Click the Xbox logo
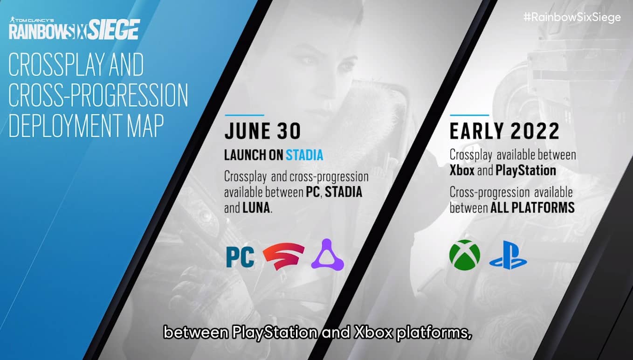tap(465, 255)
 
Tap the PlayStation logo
tap(508, 255)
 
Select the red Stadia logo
tap(283, 256)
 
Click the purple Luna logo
tap(328, 255)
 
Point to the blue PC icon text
tap(240, 257)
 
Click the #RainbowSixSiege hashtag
tap(572, 18)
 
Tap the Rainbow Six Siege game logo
tap(74, 28)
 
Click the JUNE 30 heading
tap(262, 131)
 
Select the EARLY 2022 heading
tap(504, 131)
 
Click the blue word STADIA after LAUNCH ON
tap(304, 155)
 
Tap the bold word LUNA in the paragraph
tap(256, 208)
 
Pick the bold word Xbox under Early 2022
tap(462, 170)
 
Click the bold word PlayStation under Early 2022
tap(526, 171)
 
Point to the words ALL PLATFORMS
tap(532, 208)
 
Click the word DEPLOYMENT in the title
tap(66, 125)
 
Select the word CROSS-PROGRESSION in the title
tap(98, 95)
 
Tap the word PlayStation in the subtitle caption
tap(275, 332)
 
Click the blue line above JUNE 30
tap(244, 115)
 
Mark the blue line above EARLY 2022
tap(469, 115)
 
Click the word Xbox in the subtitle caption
tap(373, 332)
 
